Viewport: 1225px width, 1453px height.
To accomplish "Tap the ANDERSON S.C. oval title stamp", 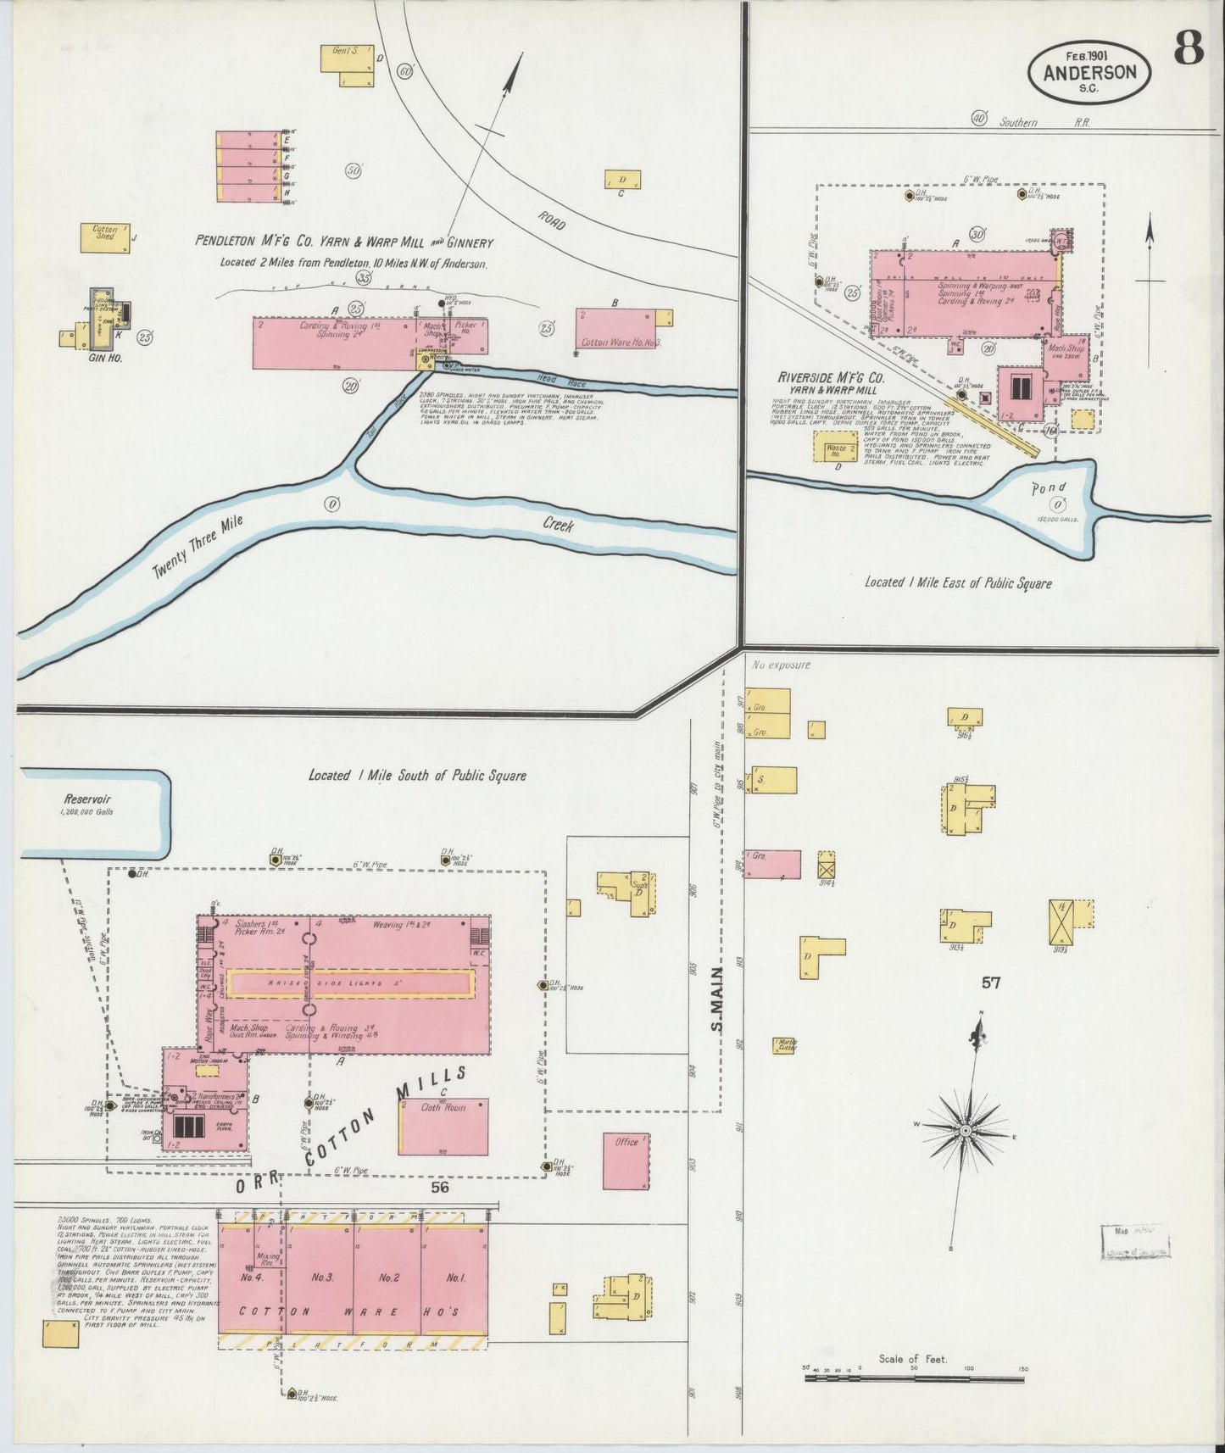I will point(1089,73).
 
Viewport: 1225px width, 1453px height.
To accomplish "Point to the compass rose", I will point(966,1131).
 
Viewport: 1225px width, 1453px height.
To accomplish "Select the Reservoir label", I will point(87,799).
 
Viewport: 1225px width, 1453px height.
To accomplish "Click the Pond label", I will point(1048,489).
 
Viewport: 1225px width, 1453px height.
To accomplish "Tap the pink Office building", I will point(627,1161).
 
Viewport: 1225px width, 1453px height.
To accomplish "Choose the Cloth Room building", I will point(443,1126).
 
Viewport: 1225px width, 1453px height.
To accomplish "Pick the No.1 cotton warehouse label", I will point(456,1277).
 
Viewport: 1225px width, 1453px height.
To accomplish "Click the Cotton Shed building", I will point(105,237).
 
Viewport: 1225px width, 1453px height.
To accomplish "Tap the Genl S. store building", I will point(347,65).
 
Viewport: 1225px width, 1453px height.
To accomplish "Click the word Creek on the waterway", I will point(558,526).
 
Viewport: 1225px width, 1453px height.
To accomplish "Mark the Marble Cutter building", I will point(784,1044).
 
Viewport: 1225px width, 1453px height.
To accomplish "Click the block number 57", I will point(990,983).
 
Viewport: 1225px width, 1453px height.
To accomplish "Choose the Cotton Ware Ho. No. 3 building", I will point(618,328).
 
